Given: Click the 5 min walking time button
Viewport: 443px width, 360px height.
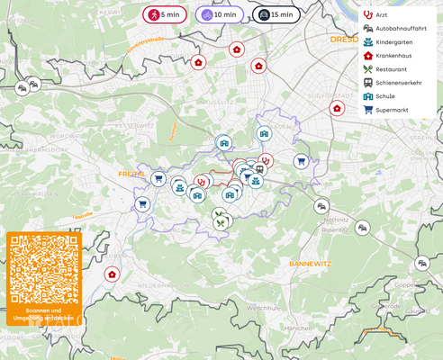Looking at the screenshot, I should click(164, 15).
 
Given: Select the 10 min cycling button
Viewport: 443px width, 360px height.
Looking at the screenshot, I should click(219, 15).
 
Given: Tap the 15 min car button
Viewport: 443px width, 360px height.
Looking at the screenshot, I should click(275, 15).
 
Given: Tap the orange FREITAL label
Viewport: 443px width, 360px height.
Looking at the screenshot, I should click(131, 173).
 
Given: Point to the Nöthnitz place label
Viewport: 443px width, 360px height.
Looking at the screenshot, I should click(336, 220).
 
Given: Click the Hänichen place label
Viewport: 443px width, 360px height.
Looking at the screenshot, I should click(297, 328).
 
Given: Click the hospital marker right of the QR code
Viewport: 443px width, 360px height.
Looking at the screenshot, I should click(112, 274).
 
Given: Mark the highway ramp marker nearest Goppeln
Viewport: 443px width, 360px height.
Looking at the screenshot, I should click(421, 264).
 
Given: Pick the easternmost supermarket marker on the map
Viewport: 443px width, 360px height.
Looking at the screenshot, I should click(301, 162).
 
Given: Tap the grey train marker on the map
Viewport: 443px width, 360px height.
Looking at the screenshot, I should click(259, 168).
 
